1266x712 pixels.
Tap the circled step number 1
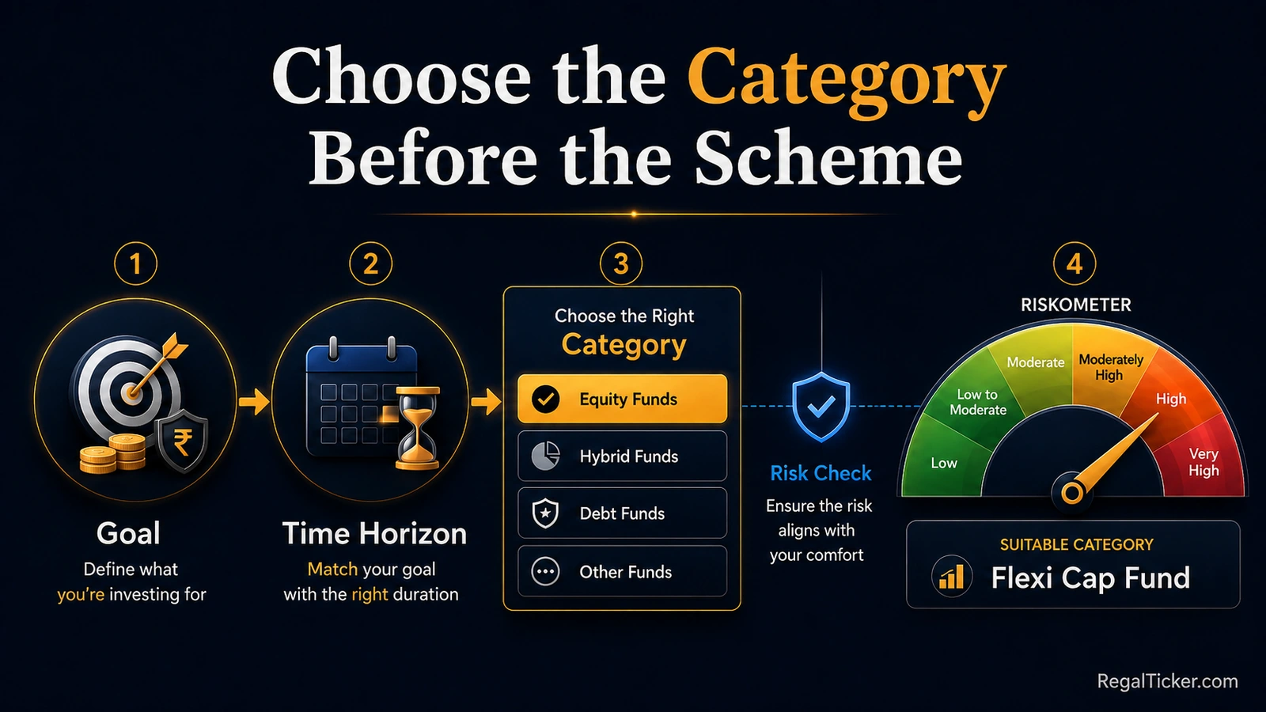(x=135, y=263)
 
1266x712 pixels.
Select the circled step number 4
(x=1075, y=263)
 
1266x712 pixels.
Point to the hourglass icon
(x=418, y=428)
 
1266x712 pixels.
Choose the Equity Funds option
(x=622, y=399)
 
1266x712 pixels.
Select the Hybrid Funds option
(x=622, y=456)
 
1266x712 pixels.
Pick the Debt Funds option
(x=622, y=513)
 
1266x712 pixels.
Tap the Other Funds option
(x=622, y=571)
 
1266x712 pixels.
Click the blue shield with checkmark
(x=821, y=407)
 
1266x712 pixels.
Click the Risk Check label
(x=821, y=474)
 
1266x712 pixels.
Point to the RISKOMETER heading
(x=1075, y=305)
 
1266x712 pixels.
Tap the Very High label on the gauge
(x=1203, y=462)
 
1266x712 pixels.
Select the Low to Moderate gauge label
(x=978, y=402)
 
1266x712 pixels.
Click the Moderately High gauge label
(x=1111, y=367)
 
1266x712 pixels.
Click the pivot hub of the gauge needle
(x=1071, y=493)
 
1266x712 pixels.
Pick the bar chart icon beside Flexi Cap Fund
(x=952, y=577)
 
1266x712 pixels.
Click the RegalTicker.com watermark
(x=1167, y=681)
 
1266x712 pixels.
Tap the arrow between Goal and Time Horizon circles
(x=254, y=402)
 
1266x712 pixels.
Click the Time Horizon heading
(x=375, y=533)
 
